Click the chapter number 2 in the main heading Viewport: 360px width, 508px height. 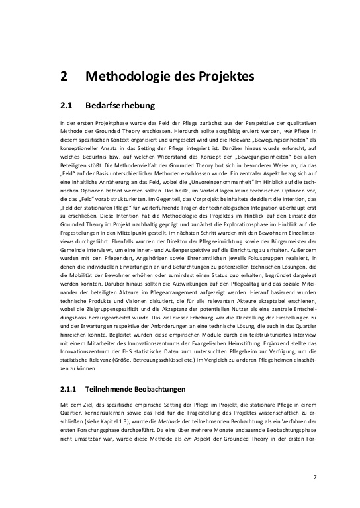tap(64, 77)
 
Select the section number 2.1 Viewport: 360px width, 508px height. tap(66, 105)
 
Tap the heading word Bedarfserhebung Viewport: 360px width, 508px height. tap(120, 105)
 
